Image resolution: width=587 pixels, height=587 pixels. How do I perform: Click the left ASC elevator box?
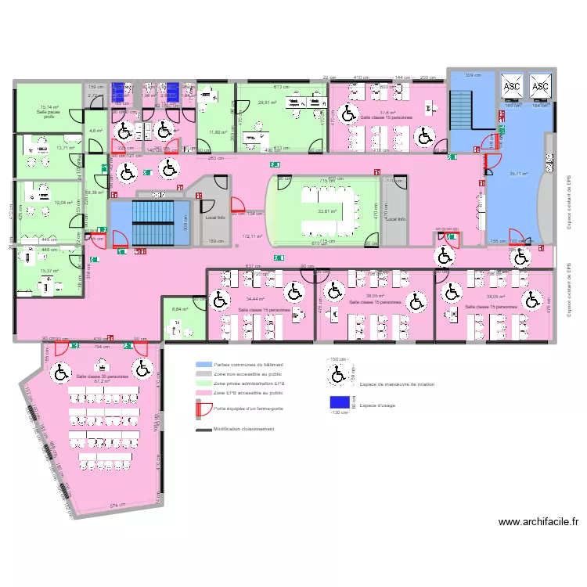[512, 85]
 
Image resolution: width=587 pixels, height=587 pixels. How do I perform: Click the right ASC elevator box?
[540, 85]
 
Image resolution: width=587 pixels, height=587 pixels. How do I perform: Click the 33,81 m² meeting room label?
[326, 211]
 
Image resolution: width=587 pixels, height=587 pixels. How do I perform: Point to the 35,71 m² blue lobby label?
[518, 174]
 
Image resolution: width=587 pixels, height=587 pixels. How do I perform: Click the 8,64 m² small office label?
[180, 310]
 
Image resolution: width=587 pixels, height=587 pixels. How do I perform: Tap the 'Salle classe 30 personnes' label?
[103, 376]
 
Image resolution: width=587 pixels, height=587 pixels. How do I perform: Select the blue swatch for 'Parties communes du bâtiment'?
[203, 366]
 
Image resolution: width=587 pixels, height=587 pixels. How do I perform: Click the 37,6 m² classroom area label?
[387, 112]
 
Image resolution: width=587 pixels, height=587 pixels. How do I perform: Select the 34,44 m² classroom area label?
[255, 299]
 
